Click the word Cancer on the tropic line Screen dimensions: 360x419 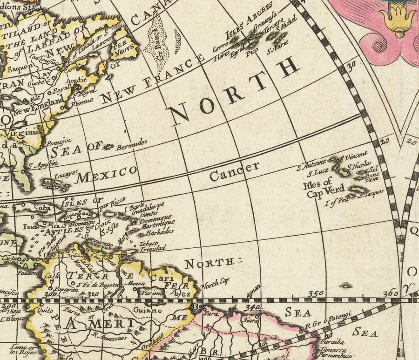[234, 171]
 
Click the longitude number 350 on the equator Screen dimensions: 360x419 [316, 293]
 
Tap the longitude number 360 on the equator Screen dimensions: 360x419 [391, 293]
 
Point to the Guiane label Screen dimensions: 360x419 [148, 310]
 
